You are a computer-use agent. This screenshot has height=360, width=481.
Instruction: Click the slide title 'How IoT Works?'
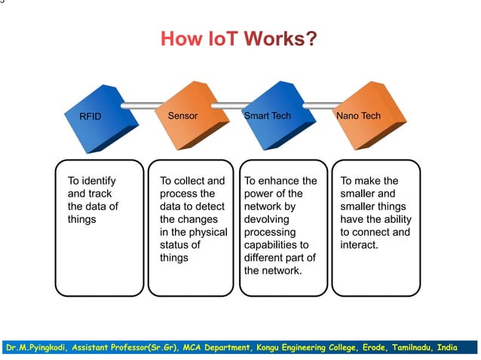[238, 38]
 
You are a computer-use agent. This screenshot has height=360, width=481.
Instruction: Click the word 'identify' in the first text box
[98, 181]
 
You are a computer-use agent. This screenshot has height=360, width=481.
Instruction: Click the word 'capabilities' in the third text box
[271, 245]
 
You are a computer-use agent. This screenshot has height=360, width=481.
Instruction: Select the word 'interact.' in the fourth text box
[359, 245]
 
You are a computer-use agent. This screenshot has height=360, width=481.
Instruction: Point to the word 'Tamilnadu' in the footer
[413, 348]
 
